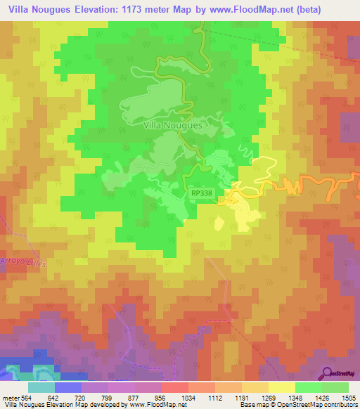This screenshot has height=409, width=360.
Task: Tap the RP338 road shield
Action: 201,191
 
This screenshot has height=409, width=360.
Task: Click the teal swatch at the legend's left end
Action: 41,387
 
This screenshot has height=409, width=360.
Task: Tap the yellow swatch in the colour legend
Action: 281,387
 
